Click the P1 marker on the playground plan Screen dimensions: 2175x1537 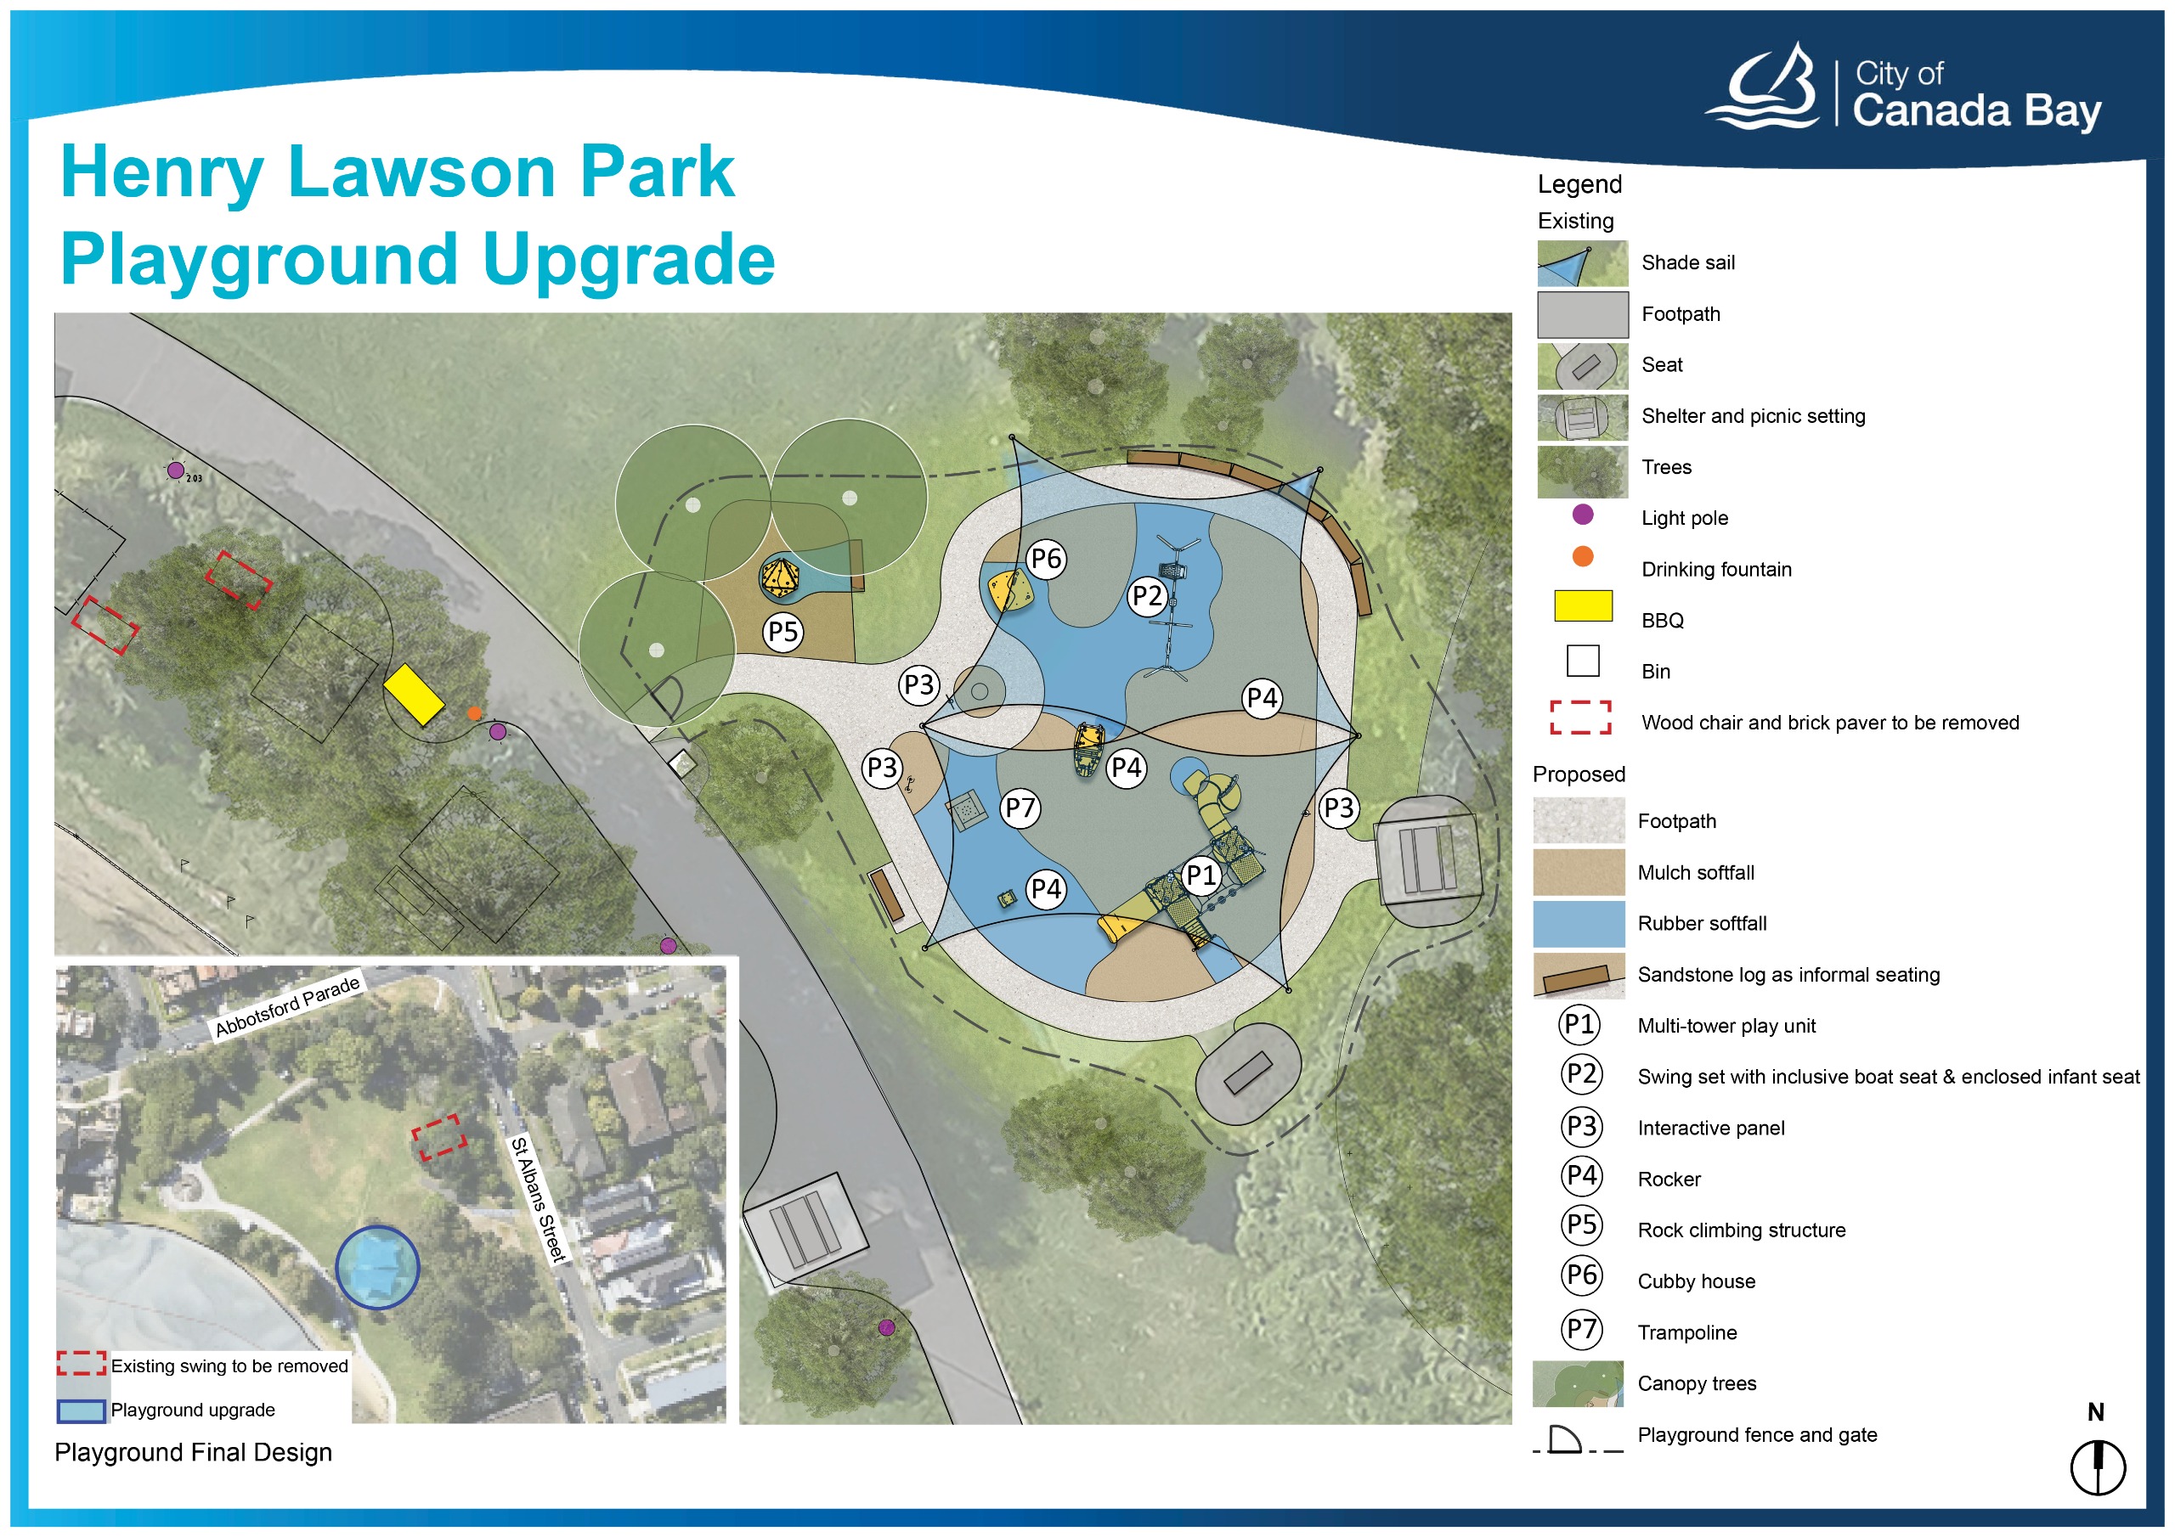[1201, 875]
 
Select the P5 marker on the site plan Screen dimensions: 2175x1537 [783, 632]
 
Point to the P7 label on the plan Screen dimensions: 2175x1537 [1020, 808]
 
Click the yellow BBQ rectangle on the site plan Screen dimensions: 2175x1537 [413, 694]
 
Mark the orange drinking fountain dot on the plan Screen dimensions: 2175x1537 [473, 713]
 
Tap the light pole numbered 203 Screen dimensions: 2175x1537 [175, 470]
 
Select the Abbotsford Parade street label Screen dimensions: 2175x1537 [287, 1005]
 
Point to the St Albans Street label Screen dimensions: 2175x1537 [538, 1200]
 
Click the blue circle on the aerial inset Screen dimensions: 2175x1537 [377, 1267]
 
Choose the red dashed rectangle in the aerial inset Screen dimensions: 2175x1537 [438, 1136]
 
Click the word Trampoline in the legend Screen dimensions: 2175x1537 [1687, 1332]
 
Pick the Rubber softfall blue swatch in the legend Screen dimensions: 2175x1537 [1579, 923]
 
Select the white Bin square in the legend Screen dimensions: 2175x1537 [1582, 660]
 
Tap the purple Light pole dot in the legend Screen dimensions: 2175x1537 [1582, 515]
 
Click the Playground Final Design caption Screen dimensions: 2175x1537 [193, 1453]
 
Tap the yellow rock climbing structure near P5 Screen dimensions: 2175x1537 [781, 577]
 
